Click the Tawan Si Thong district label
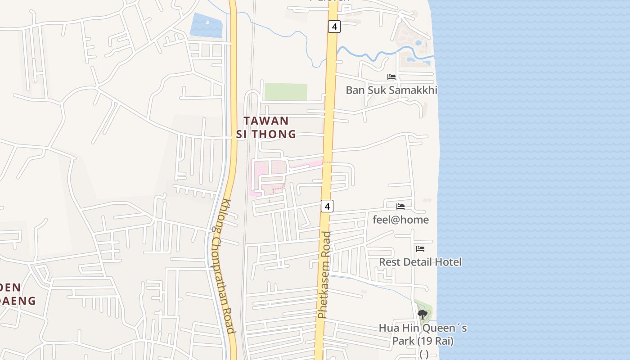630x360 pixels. (x=266, y=127)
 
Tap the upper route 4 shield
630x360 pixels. (x=333, y=27)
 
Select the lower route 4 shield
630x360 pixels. (x=327, y=207)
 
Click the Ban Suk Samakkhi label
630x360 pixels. (x=391, y=90)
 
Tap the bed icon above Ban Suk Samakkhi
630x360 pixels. (x=391, y=77)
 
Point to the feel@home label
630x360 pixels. (x=400, y=220)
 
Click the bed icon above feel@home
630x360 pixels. (x=400, y=207)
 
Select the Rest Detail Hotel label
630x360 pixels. (x=420, y=262)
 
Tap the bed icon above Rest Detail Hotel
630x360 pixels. (x=420, y=248)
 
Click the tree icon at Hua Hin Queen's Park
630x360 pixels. (x=422, y=314)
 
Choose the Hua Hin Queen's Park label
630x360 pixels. (x=423, y=334)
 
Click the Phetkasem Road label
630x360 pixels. (x=324, y=274)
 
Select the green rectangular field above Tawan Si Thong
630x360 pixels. (x=285, y=92)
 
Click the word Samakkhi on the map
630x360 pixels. (x=413, y=90)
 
